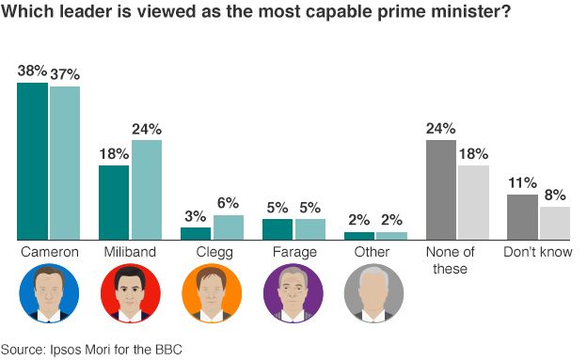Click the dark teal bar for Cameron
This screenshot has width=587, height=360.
click(x=32, y=161)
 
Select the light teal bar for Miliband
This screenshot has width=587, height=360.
click(x=147, y=190)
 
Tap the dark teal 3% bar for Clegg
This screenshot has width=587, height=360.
click(x=196, y=233)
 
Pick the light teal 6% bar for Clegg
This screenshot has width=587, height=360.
click(x=229, y=227)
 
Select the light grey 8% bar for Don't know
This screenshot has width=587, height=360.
click(x=555, y=223)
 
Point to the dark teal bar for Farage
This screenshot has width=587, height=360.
click(x=278, y=229)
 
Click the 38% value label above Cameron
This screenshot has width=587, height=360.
click(x=33, y=71)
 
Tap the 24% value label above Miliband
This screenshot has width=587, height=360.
click(x=147, y=129)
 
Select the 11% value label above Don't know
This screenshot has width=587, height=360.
click(x=522, y=182)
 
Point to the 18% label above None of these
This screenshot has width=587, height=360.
click(x=474, y=153)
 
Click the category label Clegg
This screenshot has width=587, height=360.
click(x=212, y=253)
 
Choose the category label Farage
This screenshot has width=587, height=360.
click(x=293, y=253)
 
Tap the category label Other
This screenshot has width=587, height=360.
click(x=375, y=253)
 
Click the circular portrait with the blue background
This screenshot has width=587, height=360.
click(x=49, y=293)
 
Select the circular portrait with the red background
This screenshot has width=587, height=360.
click(x=131, y=293)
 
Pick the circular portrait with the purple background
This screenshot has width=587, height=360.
click(x=293, y=293)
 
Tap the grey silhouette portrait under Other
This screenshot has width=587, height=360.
click(x=375, y=293)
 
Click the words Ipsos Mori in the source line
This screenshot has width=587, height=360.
click(x=80, y=349)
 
